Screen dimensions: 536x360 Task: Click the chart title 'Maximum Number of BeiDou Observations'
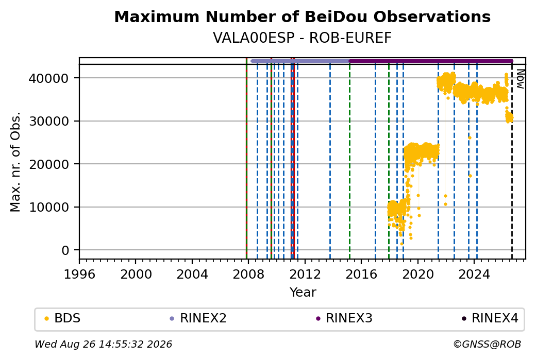coord(302,16)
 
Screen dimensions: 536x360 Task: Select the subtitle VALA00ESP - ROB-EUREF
coord(302,38)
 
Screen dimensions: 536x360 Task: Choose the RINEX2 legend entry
coord(198,318)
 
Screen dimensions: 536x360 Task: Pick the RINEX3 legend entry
coord(344,318)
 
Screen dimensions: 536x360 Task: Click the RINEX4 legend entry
coord(490,318)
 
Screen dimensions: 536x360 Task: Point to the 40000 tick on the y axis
coord(48,78)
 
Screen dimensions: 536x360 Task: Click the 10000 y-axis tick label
coord(48,207)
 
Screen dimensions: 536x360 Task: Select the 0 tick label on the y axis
coord(65,250)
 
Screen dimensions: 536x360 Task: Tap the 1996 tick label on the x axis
coord(80,274)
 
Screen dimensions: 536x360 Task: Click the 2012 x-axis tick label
coord(305,274)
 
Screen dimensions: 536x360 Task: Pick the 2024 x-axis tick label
coord(474,274)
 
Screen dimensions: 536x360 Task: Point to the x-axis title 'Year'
coord(303,293)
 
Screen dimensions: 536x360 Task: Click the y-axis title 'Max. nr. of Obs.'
coord(16,162)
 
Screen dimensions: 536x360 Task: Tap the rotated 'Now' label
coord(520,79)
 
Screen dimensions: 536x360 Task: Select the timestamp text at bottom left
coord(103,344)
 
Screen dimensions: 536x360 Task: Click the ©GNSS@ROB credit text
coord(487,344)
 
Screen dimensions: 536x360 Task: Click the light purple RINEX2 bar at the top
coord(300,61)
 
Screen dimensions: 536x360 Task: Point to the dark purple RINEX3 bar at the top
coord(431,61)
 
